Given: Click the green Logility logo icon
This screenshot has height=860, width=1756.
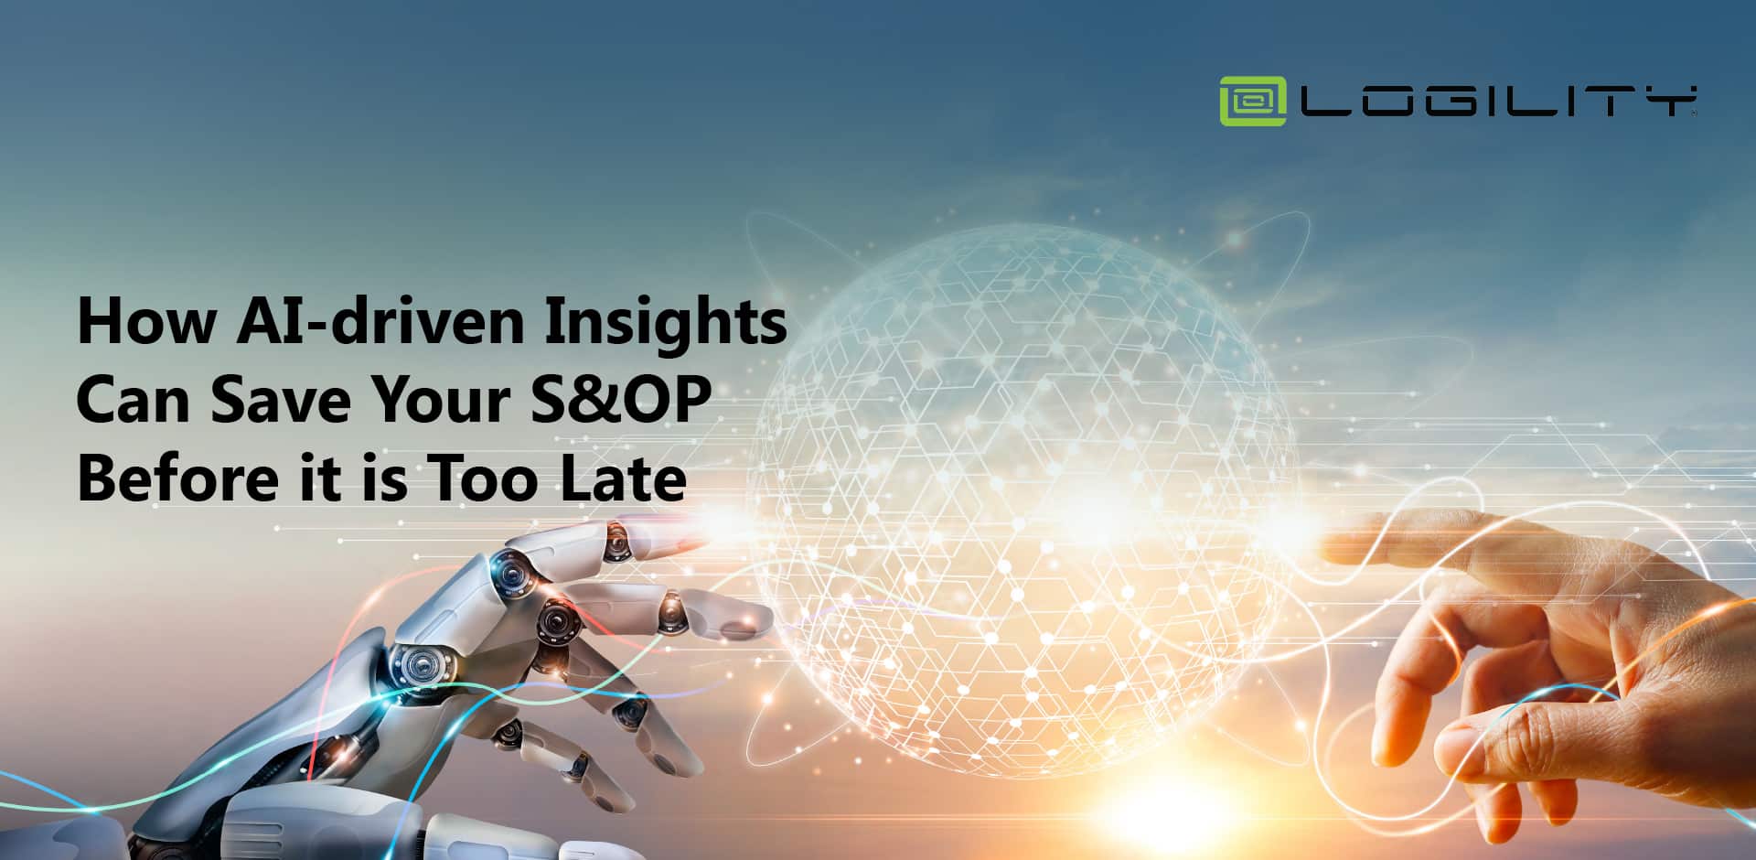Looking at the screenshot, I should coord(1252,102).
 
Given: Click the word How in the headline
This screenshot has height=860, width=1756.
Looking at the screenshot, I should coord(146,321).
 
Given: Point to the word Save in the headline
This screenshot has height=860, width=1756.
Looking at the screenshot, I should coord(280,401).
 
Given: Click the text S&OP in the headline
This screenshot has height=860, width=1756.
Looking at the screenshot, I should coord(622,401).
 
